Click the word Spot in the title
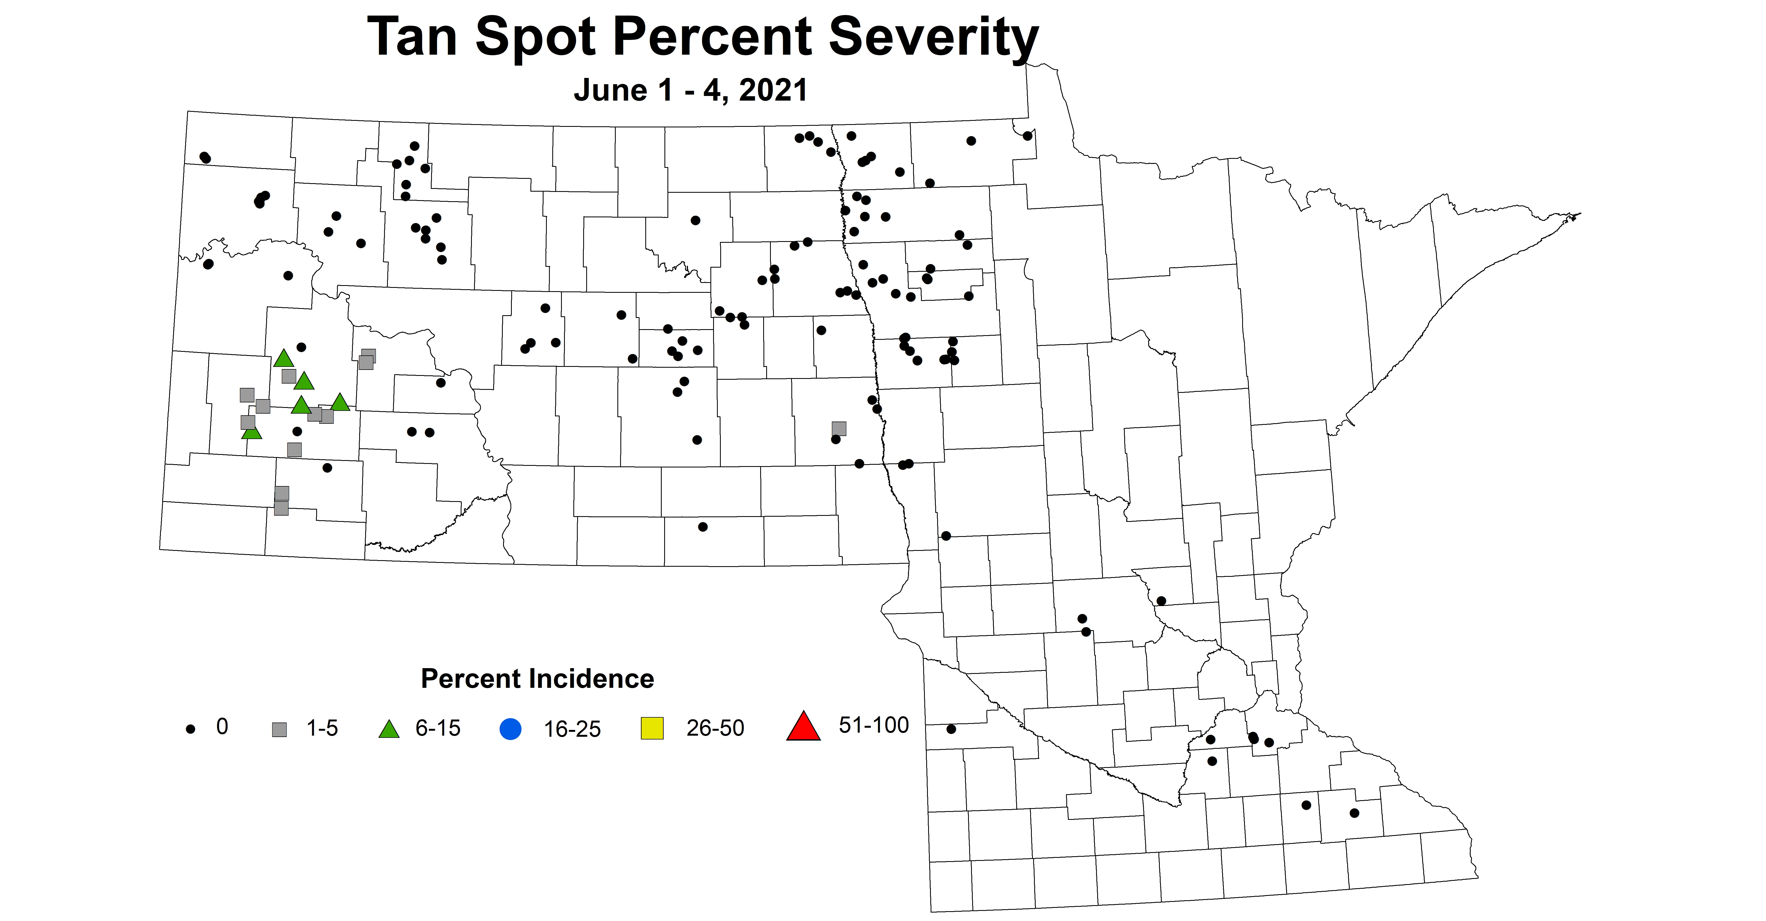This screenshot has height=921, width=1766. pyautogui.click(x=535, y=38)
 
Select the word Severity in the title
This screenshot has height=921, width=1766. pyautogui.click(x=934, y=38)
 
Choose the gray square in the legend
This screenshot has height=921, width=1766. pyautogui.click(x=279, y=730)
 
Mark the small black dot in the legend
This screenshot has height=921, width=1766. pyautogui.click(x=191, y=730)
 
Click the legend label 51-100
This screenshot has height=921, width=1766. pyautogui.click(x=873, y=725)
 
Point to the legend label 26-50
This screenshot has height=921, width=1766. pyautogui.click(x=715, y=728)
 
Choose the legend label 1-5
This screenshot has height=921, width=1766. pyautogui.click(x=322, y=728)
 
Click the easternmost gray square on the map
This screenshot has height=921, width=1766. pyautogui.click(x=838, y=428)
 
